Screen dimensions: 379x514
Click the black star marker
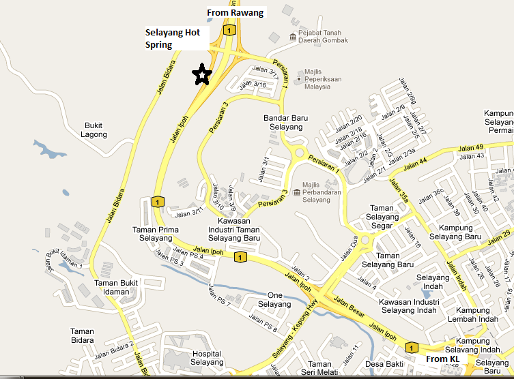click(x=201, y=74)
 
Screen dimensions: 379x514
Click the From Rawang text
click(x=235, y=12)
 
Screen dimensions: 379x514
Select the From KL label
click(x=442, y=359)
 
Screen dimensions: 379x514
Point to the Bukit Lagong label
click(x=95, y=130)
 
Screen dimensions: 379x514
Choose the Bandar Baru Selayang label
click(x=285, y=122)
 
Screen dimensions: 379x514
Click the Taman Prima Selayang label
click(x=156, y=234)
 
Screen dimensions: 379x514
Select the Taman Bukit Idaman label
click(x=116, y=287)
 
